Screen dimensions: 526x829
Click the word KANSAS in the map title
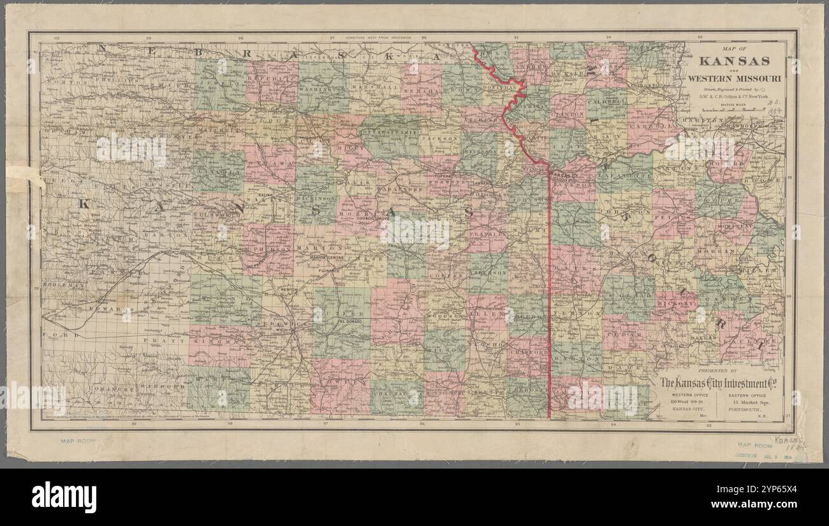pos(734,62)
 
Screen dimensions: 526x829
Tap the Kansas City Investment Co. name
pos(722,383)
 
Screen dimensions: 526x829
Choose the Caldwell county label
pos(605,101)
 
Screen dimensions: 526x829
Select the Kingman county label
pos(216,342)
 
